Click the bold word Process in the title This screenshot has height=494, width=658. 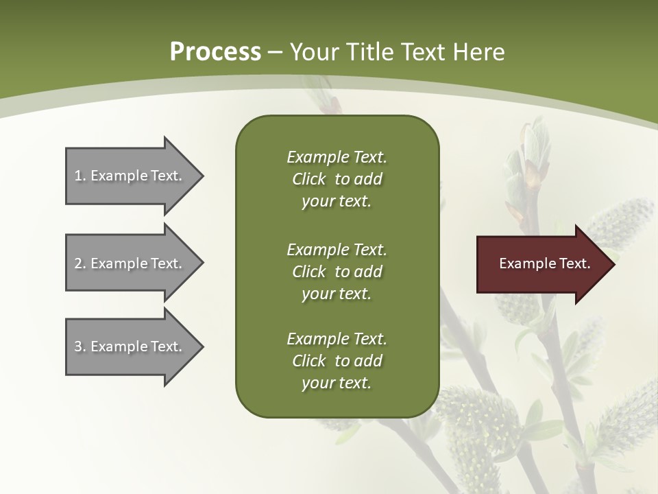point(215,52)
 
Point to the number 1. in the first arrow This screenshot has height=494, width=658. point(80,176)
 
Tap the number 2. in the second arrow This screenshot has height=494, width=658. point(80,263)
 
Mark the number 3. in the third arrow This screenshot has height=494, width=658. point(80,346)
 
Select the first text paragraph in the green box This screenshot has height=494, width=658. point(337,179)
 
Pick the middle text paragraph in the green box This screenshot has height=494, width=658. point(337,272)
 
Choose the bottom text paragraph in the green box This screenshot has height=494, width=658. point(337,361)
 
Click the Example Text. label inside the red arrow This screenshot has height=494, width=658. point(545,263)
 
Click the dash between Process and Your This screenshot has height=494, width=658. point(276,52)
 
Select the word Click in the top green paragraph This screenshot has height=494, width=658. point(308,179)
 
